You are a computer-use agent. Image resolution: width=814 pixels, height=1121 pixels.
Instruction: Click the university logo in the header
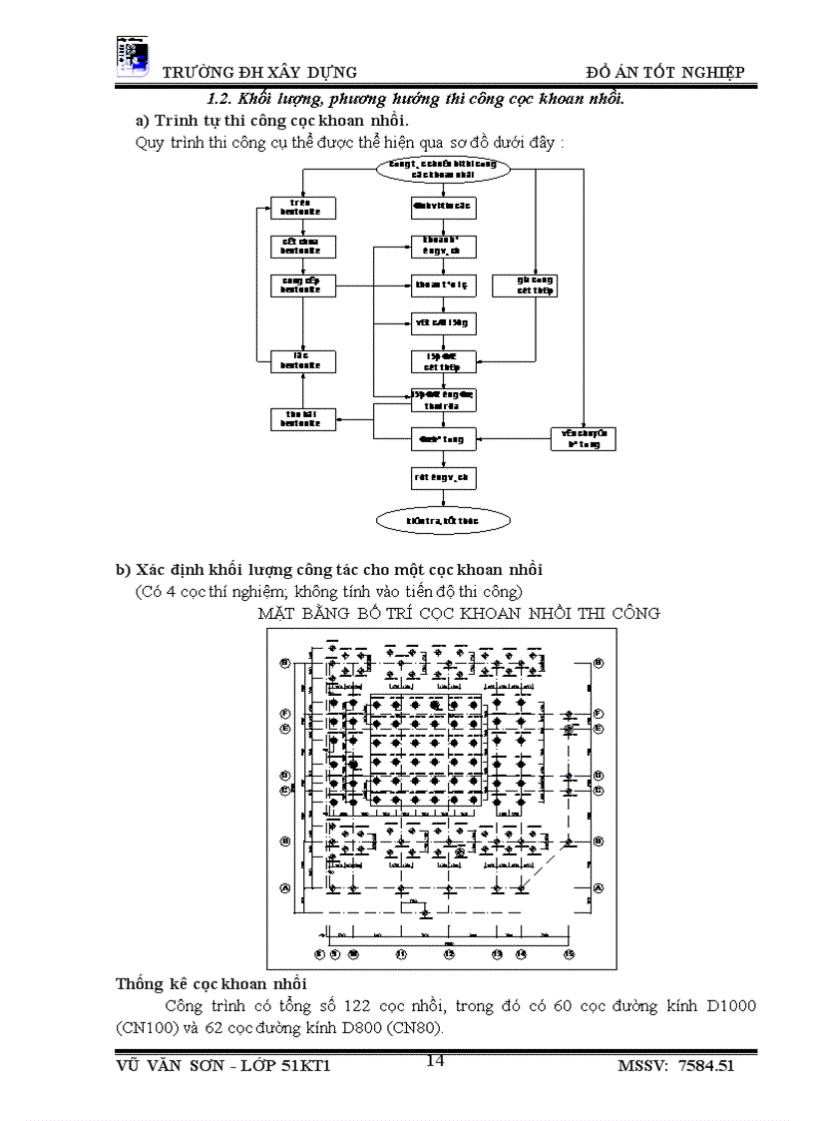coord(132,56)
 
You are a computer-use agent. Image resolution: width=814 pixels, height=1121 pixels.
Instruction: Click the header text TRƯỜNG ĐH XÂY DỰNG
coord(259,72)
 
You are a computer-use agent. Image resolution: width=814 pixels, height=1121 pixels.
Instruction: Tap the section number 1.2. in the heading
coord(221,99)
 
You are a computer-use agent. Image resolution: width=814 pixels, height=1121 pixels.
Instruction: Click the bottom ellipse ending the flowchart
coord(443,521)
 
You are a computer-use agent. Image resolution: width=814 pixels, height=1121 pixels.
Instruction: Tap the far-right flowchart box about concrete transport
coord(584,438)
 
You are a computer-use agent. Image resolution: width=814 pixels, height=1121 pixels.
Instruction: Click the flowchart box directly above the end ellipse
coord(443,479)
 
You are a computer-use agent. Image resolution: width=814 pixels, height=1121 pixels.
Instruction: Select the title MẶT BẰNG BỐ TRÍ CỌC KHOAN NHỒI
coord(459,613)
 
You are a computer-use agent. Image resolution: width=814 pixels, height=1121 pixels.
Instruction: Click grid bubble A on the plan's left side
coord(284,887)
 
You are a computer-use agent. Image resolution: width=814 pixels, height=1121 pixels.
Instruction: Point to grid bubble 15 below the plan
coord(569,955)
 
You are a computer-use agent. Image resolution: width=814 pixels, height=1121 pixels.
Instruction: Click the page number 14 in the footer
coord(435,1060)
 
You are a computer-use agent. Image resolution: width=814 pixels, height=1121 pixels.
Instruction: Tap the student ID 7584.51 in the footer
coord(705,1066)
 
